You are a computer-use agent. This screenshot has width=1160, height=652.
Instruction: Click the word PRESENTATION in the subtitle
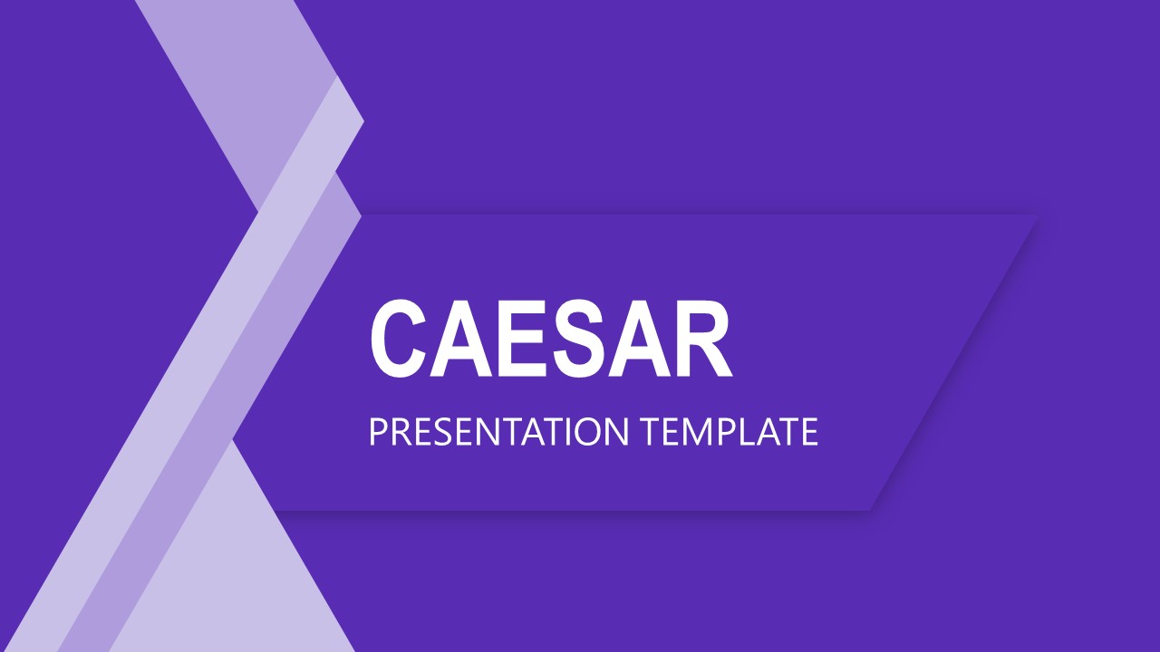click(498, 433)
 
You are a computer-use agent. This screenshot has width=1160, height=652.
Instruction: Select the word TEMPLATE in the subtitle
click(730, 433)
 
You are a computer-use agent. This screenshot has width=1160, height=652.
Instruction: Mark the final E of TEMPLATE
click(808, 433)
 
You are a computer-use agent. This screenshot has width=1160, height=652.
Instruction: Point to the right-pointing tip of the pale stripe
click(362, 121)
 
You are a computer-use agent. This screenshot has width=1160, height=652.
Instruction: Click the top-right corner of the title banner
click(1036, 216)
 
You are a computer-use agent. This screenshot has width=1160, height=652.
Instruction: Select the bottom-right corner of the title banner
click(870, 510)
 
